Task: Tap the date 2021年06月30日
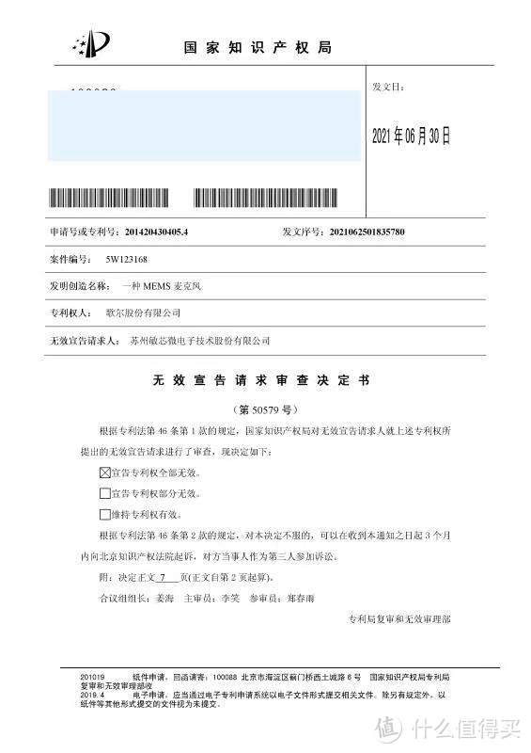pyautogui.click(x=412, y=136)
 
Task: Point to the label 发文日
pyautogui.click(x=387, y=87)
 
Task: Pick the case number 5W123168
pyautogui.click(x=127, y=258)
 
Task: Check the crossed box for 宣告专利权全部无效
pyautogui.click(x=104, y=471)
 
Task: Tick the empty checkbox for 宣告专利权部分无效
pyautogui.click(x=104, y=492)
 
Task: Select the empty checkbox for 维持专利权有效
pyautogui.click(x=104, y=514)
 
